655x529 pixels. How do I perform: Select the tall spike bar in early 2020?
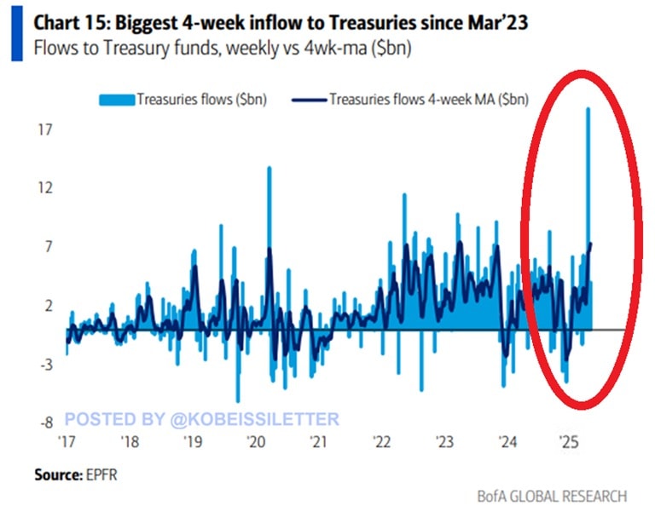(x=270, y=213)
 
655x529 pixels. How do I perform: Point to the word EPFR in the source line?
(x=100, y=474)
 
